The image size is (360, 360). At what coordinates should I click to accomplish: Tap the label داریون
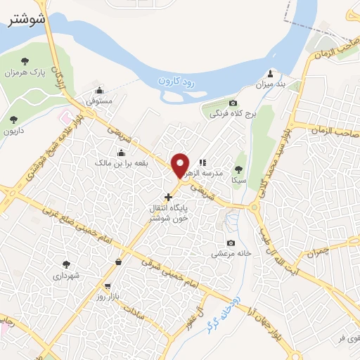click(x=14, y=131)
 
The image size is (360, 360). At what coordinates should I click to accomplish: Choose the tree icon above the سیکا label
click(x=239, y=169)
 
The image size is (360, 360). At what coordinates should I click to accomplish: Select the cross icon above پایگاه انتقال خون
click(x=167, y=197)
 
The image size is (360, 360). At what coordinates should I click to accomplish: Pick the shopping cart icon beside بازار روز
click(x=107, y=286)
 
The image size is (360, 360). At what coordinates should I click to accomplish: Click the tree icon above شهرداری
click(x=66, y=264)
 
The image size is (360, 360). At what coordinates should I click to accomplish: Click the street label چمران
click(x=319, y=251)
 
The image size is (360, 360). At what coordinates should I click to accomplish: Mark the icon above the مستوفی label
click(x=99, y=90)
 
